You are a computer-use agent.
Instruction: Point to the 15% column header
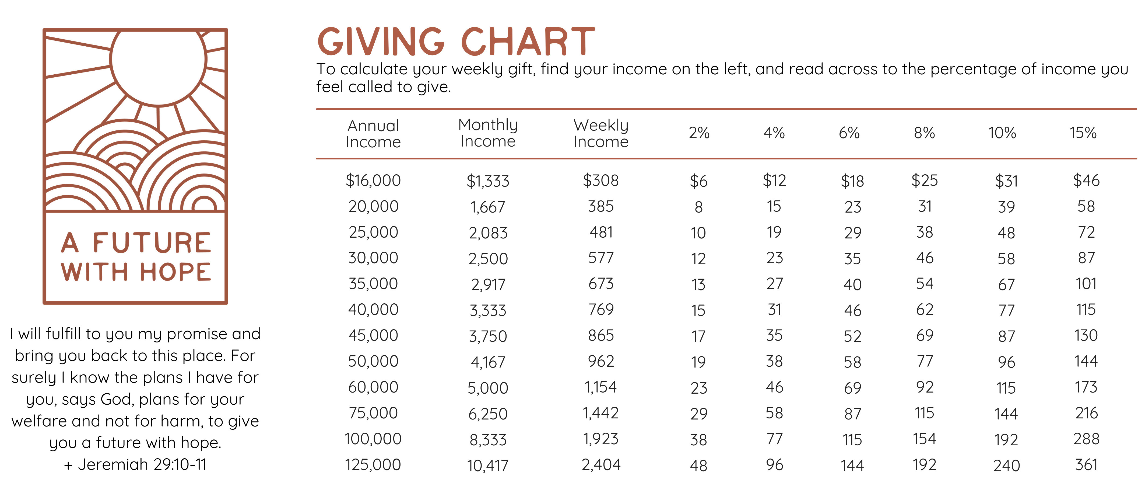point(1083,133)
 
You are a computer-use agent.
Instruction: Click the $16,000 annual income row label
point(373,180)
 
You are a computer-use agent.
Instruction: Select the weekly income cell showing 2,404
point(601,465)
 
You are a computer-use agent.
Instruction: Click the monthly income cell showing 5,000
point(488,388)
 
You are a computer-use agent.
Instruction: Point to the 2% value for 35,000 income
point(698,284)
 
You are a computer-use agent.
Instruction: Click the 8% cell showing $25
point(925,180)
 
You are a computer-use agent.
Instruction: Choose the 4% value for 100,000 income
point(774,439)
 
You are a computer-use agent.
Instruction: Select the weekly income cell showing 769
point(601,310)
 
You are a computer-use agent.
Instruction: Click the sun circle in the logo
point(158,60)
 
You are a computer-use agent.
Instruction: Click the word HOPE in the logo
point(175,271)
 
